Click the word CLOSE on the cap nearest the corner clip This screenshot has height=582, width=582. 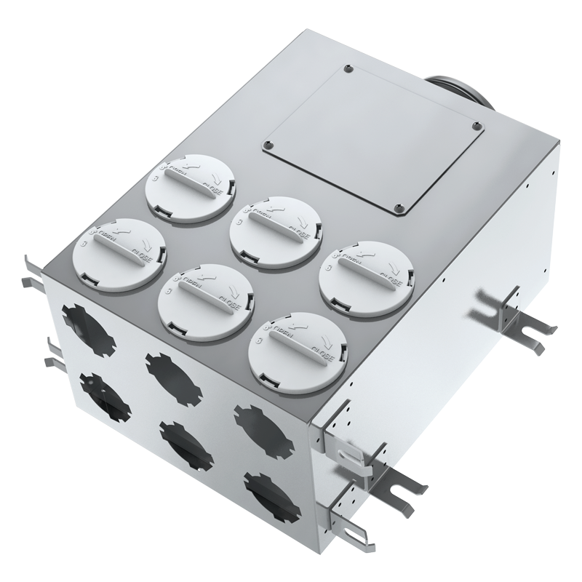pyautogui.click(x=321, y=357)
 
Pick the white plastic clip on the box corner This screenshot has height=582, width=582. pyautogui.click(x=354, y=452)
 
